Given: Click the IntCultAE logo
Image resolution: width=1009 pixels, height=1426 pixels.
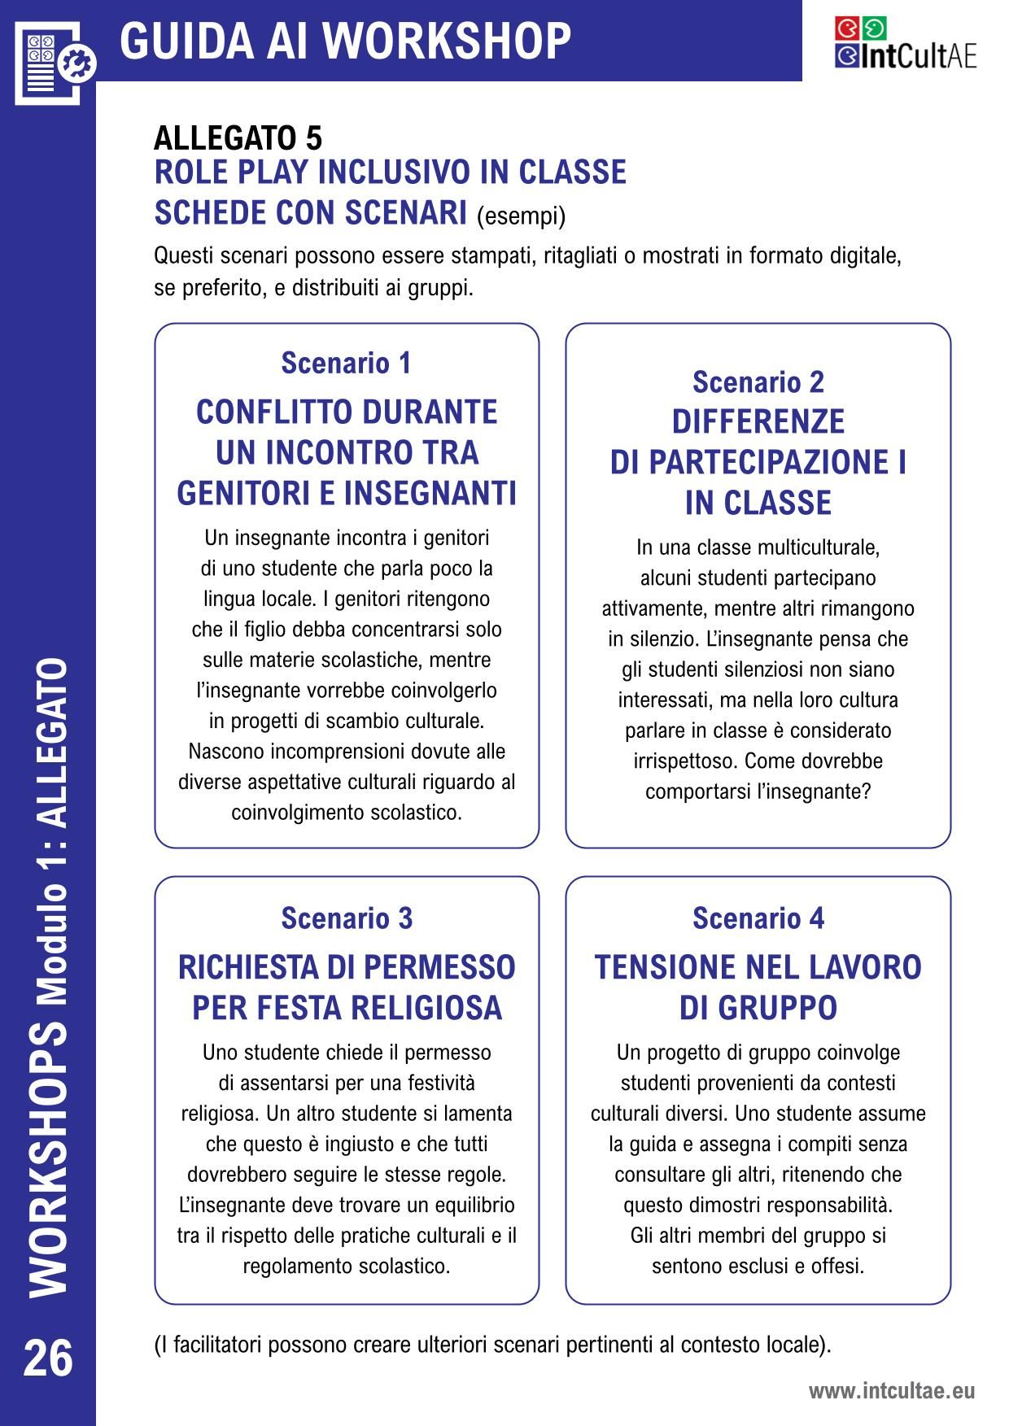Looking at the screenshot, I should (x=905, y=44).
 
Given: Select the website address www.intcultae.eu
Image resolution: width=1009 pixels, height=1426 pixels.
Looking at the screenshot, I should (x=891, y=1391).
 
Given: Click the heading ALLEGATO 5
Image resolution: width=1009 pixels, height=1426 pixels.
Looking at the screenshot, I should (x=238, y=138).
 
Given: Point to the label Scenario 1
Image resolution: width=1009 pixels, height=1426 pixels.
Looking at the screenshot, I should (x=347, y=363).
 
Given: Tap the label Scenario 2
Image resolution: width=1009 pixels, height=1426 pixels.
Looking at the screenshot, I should (x=758, y=382).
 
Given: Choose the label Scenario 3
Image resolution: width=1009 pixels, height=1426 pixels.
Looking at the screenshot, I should (x=347, y=918).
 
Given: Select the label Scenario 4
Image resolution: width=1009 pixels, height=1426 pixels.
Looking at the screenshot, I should (x=758, y=918).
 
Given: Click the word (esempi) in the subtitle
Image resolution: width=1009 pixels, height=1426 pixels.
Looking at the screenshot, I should (x=521, y=216).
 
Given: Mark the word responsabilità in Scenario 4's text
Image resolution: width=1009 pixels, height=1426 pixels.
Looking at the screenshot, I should (x=829, y=1205).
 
